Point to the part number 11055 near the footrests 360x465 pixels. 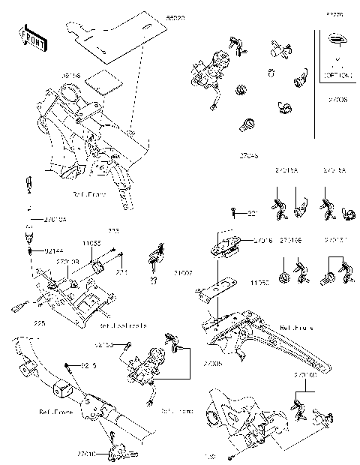[91, 244]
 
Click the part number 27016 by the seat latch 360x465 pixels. [262, 240]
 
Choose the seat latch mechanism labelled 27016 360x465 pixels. [224, 241]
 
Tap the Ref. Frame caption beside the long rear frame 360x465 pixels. [296, 328]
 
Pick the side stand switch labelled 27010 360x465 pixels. [115, 451]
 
